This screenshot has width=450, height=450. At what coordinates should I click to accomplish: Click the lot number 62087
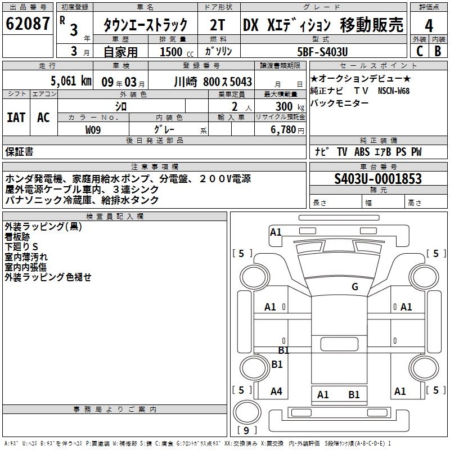(x=28, y=24)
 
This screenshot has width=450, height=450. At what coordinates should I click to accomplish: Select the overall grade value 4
(x=429, y=26)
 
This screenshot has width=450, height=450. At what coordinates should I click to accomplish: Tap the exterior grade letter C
(x=420, y=51)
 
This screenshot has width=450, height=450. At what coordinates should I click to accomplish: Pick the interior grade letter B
(x=438, y=51)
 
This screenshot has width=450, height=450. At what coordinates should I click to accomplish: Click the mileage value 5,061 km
(x=71, y=81)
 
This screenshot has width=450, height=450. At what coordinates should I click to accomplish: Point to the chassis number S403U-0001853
(x=378, y=179)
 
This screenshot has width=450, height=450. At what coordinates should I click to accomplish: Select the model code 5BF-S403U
(x=322, y=52)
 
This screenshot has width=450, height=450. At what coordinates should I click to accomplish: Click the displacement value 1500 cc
(x=177, y=52)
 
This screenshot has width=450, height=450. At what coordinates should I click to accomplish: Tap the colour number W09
(x=93, y=130)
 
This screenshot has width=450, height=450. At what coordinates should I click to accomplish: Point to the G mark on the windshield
(x=355, y=286)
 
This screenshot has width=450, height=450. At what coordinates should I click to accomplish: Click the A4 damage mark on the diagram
(x=276, y=391)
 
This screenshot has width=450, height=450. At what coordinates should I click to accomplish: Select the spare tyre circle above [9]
(x=247, y=412)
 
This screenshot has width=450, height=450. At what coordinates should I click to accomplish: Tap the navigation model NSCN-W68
(x=393, y=91)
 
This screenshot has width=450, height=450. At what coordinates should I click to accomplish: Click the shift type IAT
(x=16, y=118)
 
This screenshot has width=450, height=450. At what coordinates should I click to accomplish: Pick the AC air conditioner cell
(x=43, y=118)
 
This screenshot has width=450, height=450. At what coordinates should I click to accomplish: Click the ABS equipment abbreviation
(x=362, y=152)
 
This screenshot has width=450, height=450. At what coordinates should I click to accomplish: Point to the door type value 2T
(x=217, y=25)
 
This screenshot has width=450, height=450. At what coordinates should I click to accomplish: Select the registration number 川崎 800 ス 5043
(x=213, y=82)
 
